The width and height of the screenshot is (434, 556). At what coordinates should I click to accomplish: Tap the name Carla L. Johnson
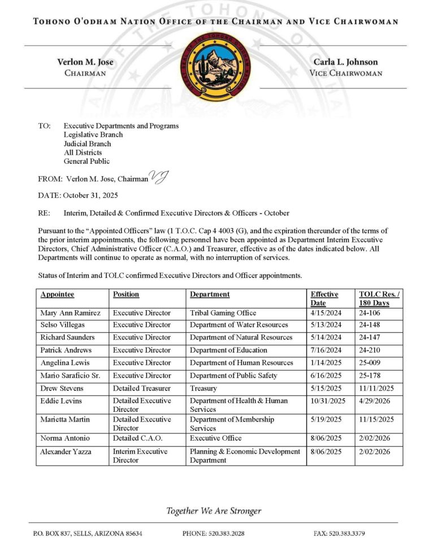coord(345,62)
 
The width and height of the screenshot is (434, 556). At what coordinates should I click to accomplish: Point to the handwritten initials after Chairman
coord(159,177)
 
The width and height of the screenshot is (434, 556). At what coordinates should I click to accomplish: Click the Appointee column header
coord(57,294)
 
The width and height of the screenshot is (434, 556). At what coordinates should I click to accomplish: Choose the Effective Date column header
coord(324,298)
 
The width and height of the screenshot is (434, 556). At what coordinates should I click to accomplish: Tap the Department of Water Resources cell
coord(238,325)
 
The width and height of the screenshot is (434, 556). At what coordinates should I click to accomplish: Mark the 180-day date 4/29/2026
coord(374,401)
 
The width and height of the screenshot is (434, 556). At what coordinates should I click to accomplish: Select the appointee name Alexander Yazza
coord(66,451)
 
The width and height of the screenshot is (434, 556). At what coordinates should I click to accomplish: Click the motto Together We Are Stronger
coord(214,511)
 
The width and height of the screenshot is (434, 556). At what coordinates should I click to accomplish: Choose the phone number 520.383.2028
coord(213,533)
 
